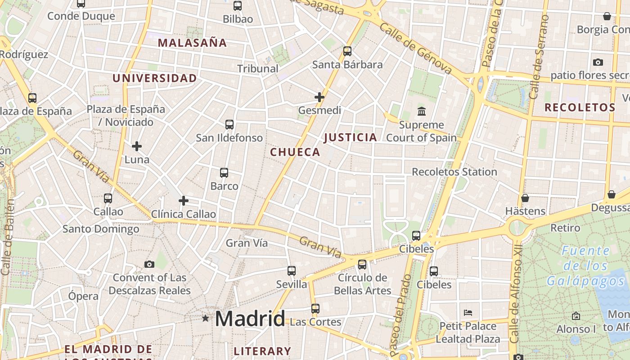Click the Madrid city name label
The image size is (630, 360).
pyautogui.click(x=250, y=319)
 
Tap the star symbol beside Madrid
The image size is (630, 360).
pyautogui.click(x=206, y=319)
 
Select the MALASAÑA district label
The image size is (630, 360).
pyautogui.click(x=192, y=43)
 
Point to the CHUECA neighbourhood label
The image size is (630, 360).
pyautogui.click(x=295, y=153)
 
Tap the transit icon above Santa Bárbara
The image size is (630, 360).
pyautogui.click(x=347, y=51)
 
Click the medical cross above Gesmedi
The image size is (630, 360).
pyautogui.click(x=319, y=97)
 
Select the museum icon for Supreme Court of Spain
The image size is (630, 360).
pyautogui.click(x=422, y=111)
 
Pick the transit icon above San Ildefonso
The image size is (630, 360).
pyautogui.click(x=229, y=125)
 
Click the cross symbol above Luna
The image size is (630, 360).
pyautogui.click(x=137, y=146)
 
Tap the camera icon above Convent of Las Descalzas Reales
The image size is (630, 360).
pyautogui.click(x=149, y=264)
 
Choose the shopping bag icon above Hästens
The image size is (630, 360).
pyautogui.click(x=525, y=198)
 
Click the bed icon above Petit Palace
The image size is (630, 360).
pyautogui.click(x=468, y=312)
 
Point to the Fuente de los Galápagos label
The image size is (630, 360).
pyautogui.click(x=585, y=266)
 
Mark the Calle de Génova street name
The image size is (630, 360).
pyautogui.click(x=415, y=49)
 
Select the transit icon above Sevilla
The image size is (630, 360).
pyautogui.click(x=292, y=271)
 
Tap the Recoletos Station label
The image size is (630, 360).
pyautogui.click(x=454, y=172)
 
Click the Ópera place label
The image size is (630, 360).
pyautogui.click(x=83, y=296)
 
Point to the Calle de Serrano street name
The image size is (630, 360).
pyautogui.click(x=539, y=57)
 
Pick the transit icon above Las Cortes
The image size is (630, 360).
pyautogui.click(x=315, y=309)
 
